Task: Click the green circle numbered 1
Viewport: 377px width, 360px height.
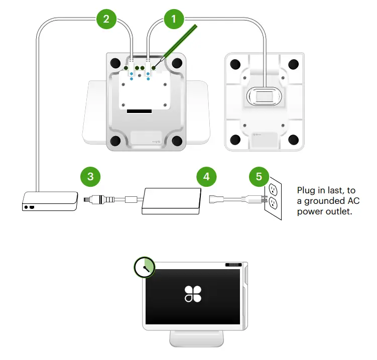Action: coord(174,20)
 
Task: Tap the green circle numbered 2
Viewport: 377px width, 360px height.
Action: coord(106,20)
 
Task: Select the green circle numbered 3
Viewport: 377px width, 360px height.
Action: coord(90,176)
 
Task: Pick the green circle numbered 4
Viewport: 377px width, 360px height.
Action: coord(206,176)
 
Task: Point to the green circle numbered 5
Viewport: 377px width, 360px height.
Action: coord(259,176)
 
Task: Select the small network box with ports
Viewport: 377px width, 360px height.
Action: coord(50,200)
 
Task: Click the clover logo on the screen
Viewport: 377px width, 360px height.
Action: coord(193,294)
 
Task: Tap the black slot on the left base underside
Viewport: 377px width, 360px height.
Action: coord(140,110)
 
